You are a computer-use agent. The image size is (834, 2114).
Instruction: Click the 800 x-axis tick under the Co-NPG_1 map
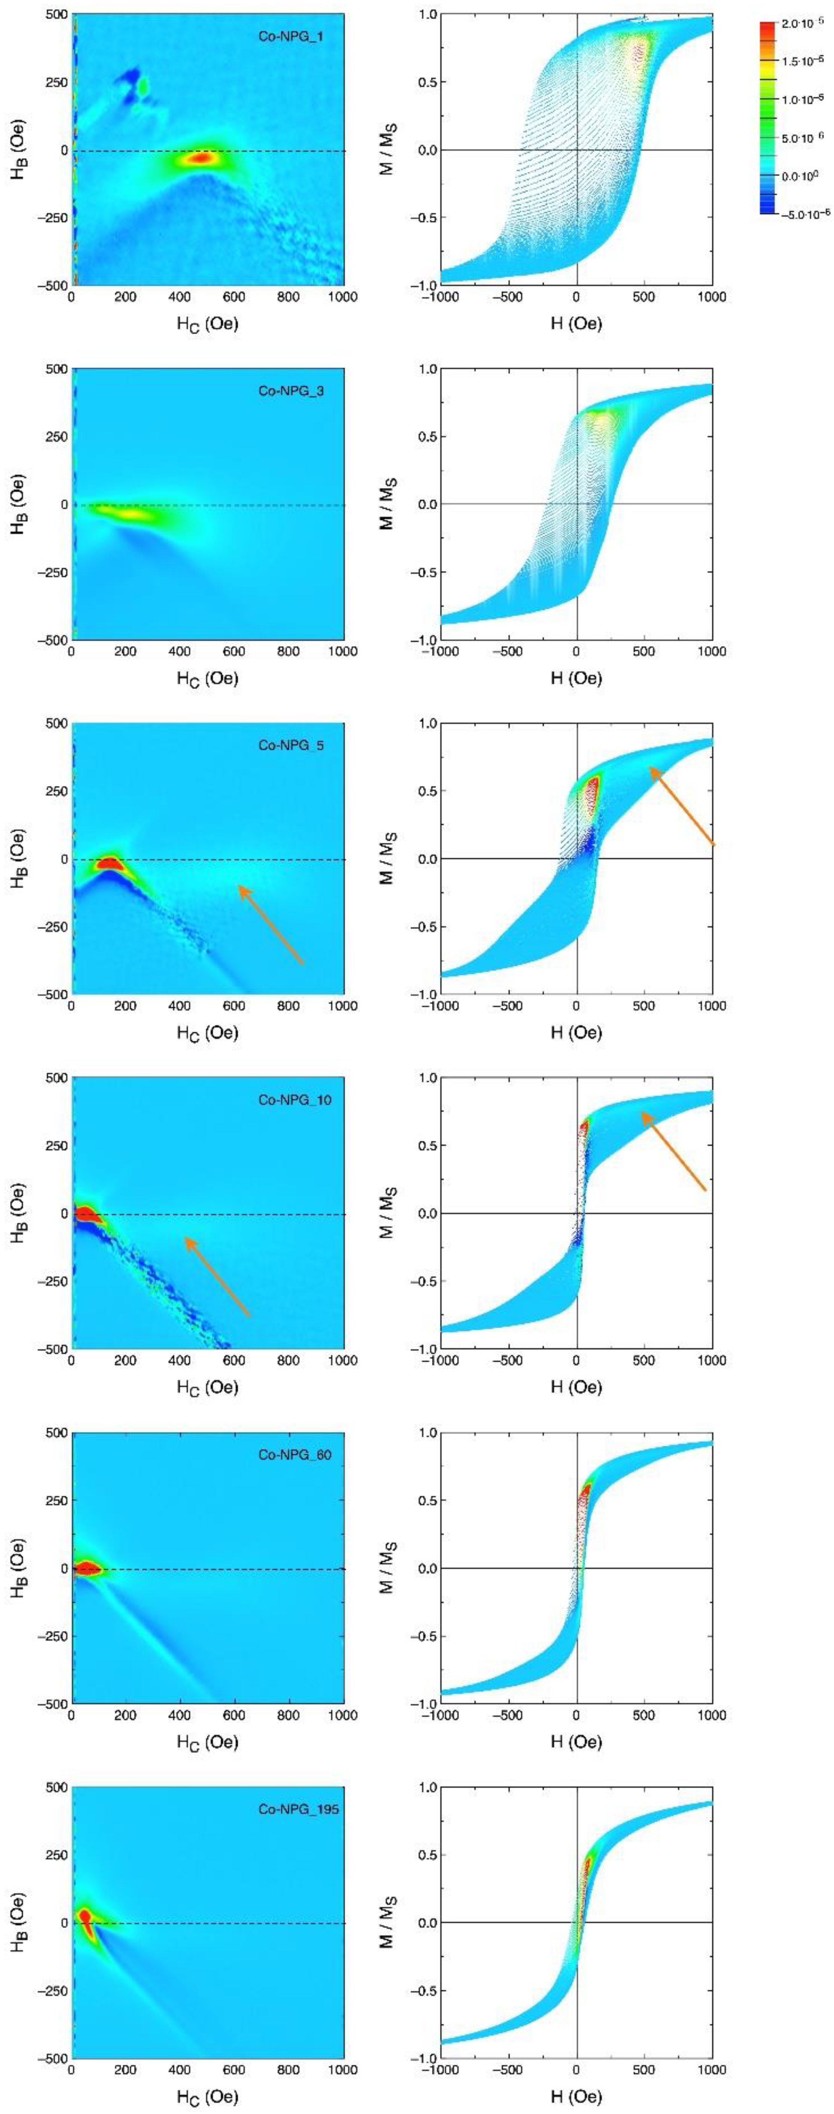(288, 297)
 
